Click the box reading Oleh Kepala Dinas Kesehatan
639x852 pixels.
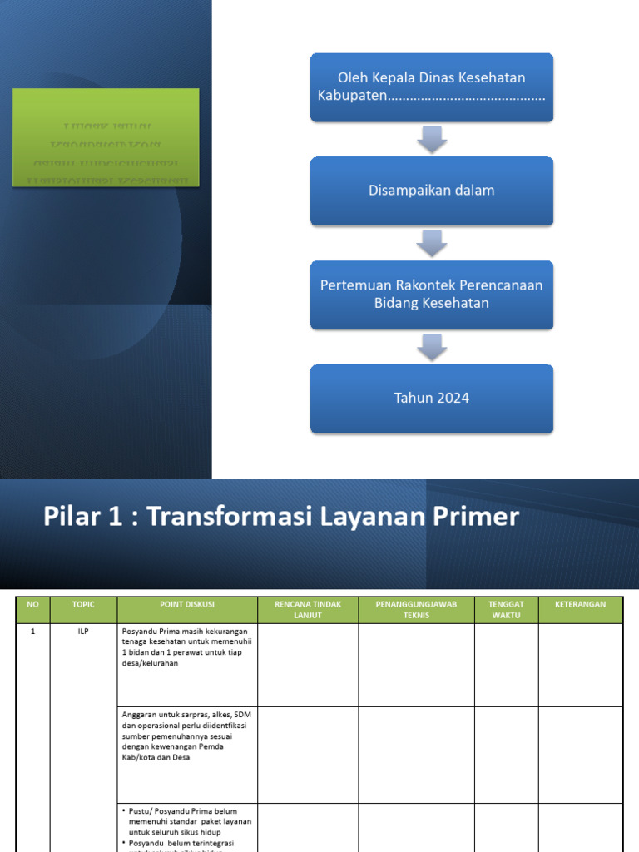point(432,87)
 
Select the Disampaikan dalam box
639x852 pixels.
point(432,191)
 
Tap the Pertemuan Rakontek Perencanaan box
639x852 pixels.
point(432,295)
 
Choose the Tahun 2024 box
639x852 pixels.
point(432,398)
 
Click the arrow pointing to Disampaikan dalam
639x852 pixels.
point(432,139)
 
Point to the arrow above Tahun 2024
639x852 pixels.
point(432,346)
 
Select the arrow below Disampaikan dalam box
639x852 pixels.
point(432,243)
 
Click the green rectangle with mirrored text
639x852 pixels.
point(106,136)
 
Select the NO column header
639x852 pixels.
point(33,604)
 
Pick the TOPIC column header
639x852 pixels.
point(83,604)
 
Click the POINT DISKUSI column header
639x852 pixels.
point(187,604)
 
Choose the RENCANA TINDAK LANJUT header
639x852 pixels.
point(308,609)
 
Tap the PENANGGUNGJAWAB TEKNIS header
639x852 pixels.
point(416,609)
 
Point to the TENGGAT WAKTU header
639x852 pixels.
point(506,609)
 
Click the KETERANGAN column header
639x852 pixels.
point(580,604)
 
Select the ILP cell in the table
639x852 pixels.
point(83,632)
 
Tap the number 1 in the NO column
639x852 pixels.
point(33,632)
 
